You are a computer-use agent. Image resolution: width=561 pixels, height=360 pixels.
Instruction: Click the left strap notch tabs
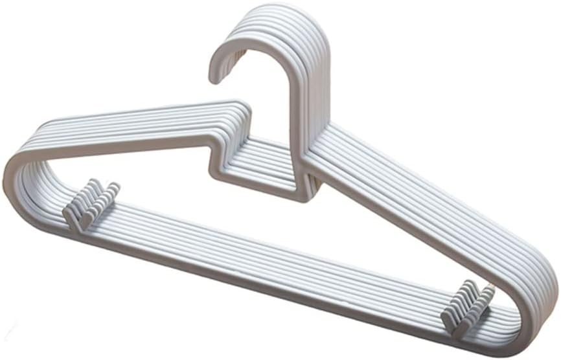pos(93,203)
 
